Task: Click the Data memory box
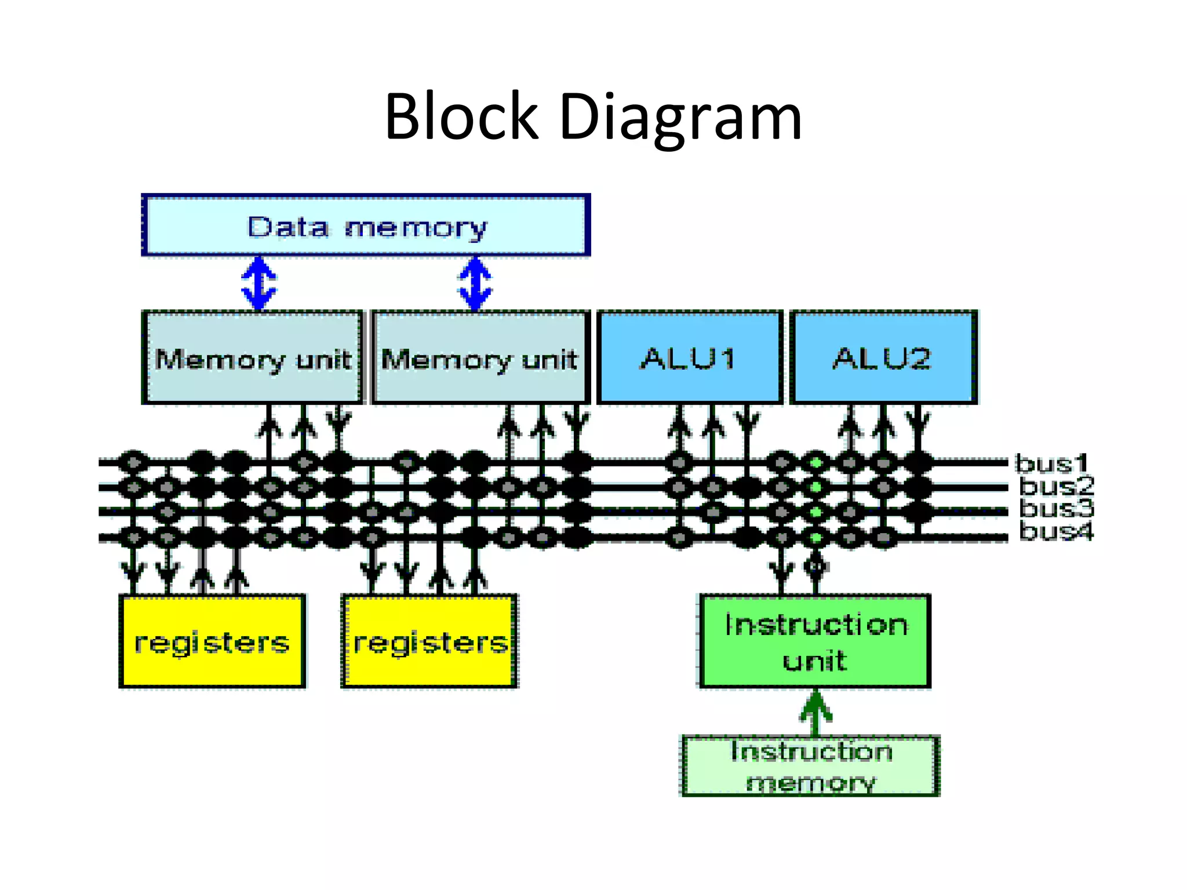click(366, 226)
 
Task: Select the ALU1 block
click(690, 358)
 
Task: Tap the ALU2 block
click(883, 358)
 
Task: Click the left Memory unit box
click(252, 358)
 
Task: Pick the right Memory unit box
click(480, 358)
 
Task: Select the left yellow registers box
click(212, 641)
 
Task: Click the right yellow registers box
click(429, 641)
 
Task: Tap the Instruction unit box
click(815, 641)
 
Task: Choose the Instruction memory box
click(810, 766)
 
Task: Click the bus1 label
click(1051, 464)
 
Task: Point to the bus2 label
click(1056, 486)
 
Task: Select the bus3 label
click(1056, 508)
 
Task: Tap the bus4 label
click(1056, 531)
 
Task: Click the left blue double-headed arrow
click(258, 283)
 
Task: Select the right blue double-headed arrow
click(475, 283)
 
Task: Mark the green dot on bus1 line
click(816, 463)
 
